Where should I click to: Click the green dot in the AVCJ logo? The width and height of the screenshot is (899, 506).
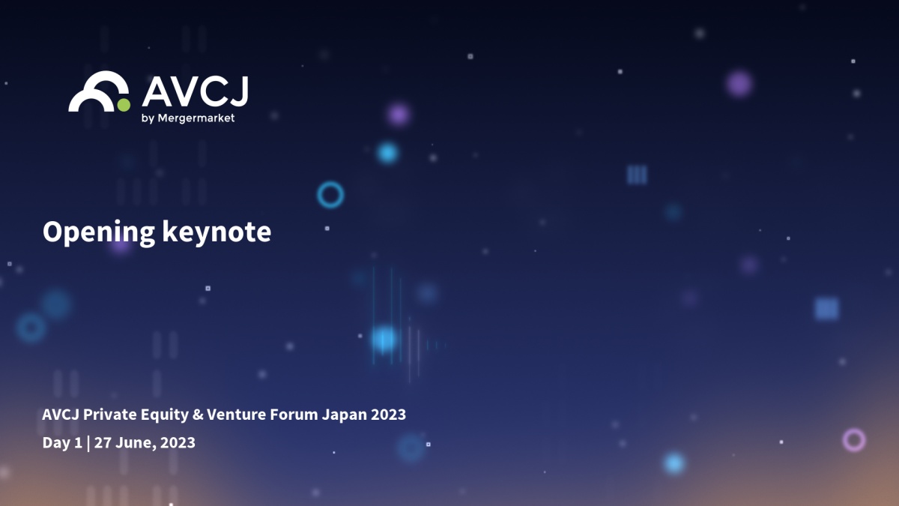click(x=124, y=105)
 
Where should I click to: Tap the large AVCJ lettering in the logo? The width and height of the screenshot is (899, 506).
click(x=196, y=91)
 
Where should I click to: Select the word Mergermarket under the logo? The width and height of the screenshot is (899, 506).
click(x=196, y=118)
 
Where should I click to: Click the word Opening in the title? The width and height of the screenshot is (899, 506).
click(x=99, y=233)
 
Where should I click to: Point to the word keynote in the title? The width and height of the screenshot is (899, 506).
click(x=217, y=232)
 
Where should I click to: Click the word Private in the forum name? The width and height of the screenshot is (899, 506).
click(x=109, y=415)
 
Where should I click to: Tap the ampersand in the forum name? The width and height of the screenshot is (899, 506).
click(x=198, y=415)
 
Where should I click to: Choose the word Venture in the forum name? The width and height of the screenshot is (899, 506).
click(x=237, y=415)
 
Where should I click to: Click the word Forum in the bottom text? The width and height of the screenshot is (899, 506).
click(x=294, y=415)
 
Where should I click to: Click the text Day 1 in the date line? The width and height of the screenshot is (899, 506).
click(x=62, y=443)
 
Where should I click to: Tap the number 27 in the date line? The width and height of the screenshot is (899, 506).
click(x=103, y=442)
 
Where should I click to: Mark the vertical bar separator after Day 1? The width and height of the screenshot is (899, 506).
click(x=88, y=443)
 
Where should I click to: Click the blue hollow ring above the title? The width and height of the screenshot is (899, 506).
click(x=330, y=182)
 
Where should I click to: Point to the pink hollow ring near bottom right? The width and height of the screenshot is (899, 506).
click(x=853, y=429)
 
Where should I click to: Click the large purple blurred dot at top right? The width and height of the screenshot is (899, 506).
click(x=739, y=84)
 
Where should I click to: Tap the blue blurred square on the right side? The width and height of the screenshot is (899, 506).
click(x=826, y=309)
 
